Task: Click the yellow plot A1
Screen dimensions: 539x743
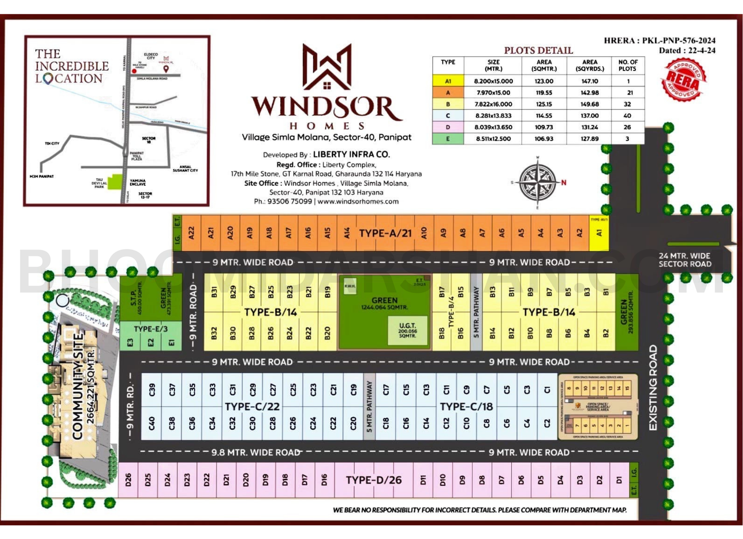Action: [599, 233]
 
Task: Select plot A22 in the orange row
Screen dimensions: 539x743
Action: [191, 233]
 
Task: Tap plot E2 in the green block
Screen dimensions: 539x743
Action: [150, 343]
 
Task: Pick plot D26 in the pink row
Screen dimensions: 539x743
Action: [128, 480]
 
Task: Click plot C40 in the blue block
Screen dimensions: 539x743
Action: [151, 423]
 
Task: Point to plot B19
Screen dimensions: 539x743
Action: [327, 292]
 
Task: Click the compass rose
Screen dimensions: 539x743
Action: [538, 181]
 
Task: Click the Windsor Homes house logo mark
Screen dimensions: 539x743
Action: [327, 67]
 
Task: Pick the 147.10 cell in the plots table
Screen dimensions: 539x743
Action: [590, 81]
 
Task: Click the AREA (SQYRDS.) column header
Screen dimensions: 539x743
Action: [590, 65]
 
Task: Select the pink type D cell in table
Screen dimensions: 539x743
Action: [448, 127]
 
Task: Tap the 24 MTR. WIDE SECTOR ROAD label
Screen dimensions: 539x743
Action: [684, 260]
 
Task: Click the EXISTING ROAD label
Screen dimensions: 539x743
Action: [653, 388]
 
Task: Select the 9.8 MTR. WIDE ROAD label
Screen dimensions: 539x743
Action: [255, 452]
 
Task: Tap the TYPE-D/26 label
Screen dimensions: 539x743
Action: [373, 480]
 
